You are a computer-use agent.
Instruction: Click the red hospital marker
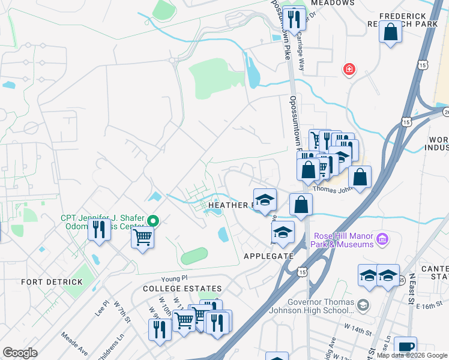click(x=348, y=70)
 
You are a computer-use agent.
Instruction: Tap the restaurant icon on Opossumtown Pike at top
click(x=294, y=19)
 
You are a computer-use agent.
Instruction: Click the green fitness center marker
click(x=153, y=221)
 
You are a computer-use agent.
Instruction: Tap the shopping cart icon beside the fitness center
click(x=143, y=238)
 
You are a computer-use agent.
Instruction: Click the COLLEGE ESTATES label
click(x=174, y=289)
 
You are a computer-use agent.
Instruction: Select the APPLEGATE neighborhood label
click(x=268, y=256)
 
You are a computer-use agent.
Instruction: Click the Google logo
click(x=20, y=353)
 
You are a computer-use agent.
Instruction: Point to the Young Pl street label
click(x=175, y=278)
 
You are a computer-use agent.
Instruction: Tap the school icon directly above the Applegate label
click(x=283, y=232)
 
